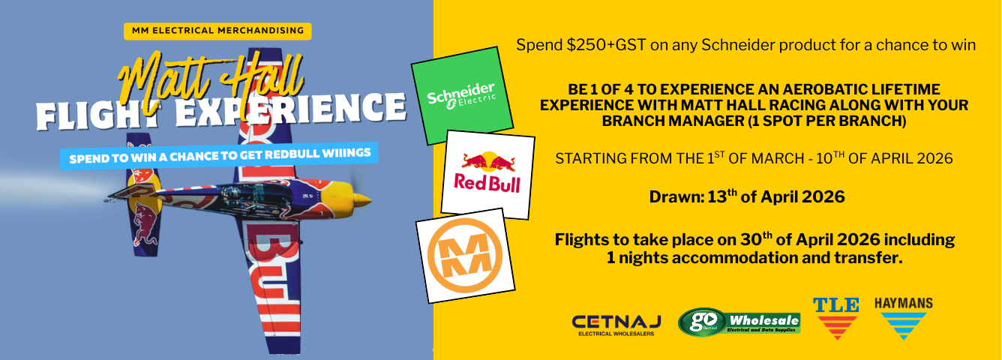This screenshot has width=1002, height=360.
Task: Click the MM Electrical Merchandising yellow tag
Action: pyautogui.click(x=217, y=31)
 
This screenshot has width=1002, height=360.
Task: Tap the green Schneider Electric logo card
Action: pyautogui.click(x=462, y=96)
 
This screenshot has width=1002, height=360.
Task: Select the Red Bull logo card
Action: pyautogui.click(x=487, y=175)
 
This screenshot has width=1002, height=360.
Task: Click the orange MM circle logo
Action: pyautogui.click(x=465, y=255)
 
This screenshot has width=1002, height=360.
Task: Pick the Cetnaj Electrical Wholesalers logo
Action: pyautogui.click(x=616, y=325)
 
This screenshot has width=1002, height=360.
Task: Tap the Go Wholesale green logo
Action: pyautogui.click(x=739, y=322)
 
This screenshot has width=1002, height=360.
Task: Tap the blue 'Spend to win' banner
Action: pyautogui.click(x=219, y=156)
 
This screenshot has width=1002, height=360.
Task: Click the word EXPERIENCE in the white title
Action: pyautogui.click(x=290, y=109)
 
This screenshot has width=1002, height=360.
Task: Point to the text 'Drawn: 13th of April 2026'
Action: pyautogui.click(x=746, y=196)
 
